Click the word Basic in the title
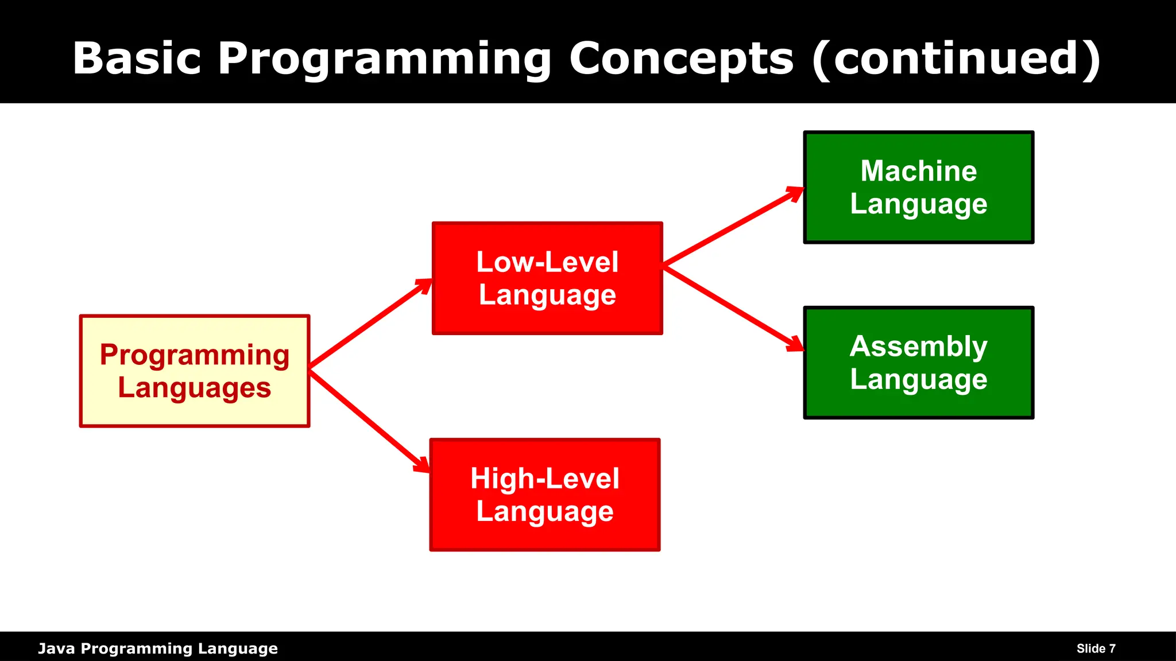tap(137, 59)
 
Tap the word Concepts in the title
tap(682, 59)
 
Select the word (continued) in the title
tap(956, 59)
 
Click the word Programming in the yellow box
tap(195, 355)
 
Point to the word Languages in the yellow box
tap(195, 388)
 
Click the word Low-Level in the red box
tap(547, 262)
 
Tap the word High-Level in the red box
tap(545, 479)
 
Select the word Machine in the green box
tap(919, 171)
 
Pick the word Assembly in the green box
tap(919, 347)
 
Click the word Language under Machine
tap(919, 204)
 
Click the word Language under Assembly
tap(919, 380)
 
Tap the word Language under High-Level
tap(545, 512)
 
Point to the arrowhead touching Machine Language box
tap(795, 193)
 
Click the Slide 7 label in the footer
tap(1096, 648)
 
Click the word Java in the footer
tap(56, 648)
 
